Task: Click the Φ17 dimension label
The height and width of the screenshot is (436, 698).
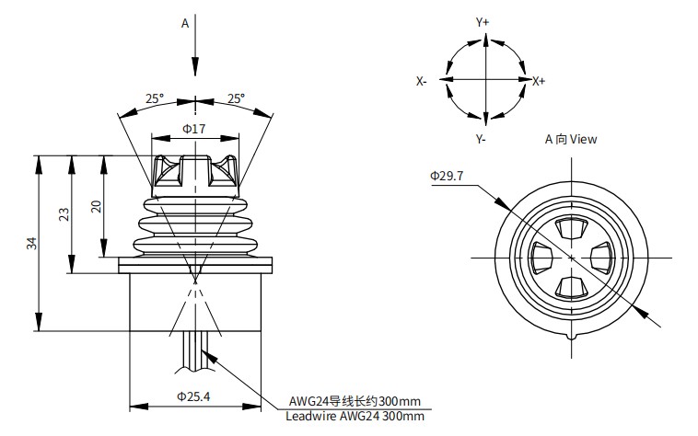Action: point(193,128)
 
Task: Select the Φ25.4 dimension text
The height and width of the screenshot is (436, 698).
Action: point(193,397)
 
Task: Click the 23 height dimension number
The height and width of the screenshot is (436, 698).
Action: point(64,214)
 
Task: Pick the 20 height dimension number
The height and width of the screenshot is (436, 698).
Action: point(96,207)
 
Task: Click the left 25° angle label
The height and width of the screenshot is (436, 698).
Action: point(154,98)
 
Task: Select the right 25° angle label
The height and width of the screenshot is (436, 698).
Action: point(236,98)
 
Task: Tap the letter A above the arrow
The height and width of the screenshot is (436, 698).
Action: point(184,23)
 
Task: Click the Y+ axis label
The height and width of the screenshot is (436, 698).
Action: point(483,21)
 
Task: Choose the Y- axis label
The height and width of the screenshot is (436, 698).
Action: point(481,139)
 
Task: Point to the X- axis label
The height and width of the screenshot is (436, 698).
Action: point(421,81)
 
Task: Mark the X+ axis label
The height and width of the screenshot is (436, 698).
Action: point(539,81)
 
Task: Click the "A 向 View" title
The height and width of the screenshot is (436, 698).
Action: point(571,140)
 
